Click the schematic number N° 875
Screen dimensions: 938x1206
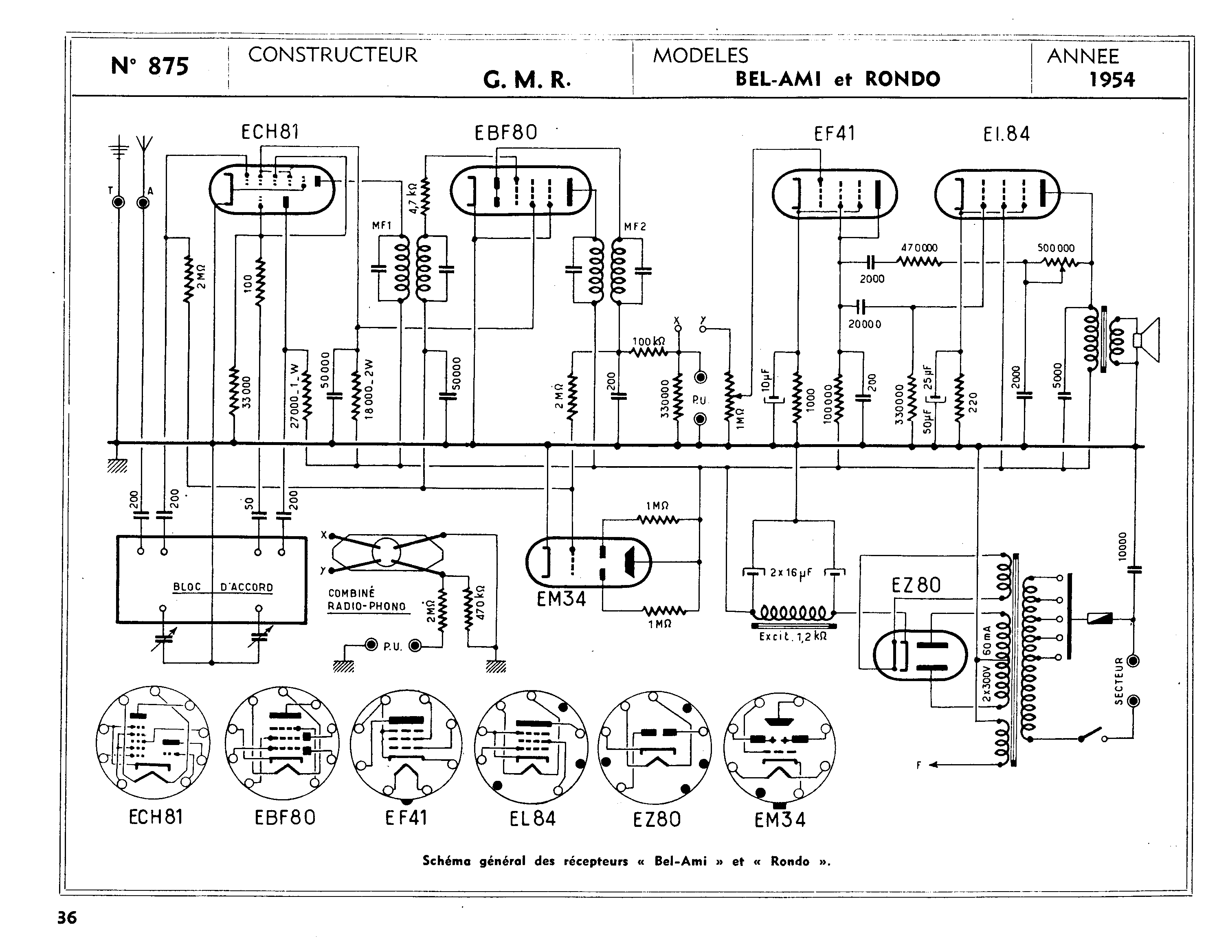pyautogui.click(x=149, y=66)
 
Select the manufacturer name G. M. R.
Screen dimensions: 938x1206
pyautogui.click(x=526, y=81)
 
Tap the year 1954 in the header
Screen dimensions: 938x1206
pyautogui.click(x=1112, y=80)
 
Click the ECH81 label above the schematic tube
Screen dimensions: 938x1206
pyautogui.click(x=270, y=132)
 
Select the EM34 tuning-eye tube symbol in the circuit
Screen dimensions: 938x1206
pyautogui.click(x=588, y=562)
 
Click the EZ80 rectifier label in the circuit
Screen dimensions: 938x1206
pyautogui.click(x=916, y=585)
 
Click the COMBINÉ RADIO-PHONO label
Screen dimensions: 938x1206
pyautogui.click(x=367, y=600)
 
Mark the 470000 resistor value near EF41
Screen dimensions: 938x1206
pyautogui.click(x=919, y=248)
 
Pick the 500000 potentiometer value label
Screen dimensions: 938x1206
pyautogui.click(x=1055, y=248)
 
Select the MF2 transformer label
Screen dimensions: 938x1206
pyautogui.click(x=635, y=226)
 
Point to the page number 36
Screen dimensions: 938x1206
pyautogui.click(x=67, y=918)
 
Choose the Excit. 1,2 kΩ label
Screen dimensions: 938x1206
pyautogui.click(x=793, y=636)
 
